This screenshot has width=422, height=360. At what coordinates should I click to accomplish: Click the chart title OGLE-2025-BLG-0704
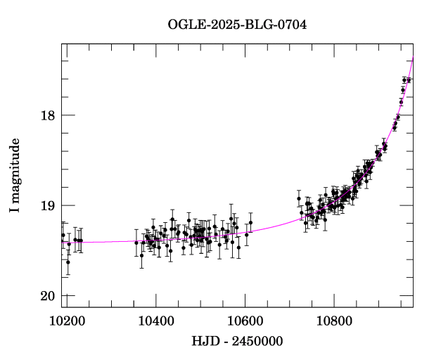pos(237,25)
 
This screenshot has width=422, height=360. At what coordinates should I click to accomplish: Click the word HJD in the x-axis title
pos(205,342)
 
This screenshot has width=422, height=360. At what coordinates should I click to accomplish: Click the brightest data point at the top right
pos(409,80)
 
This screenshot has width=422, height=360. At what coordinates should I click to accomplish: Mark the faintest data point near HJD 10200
pos(68,262)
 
